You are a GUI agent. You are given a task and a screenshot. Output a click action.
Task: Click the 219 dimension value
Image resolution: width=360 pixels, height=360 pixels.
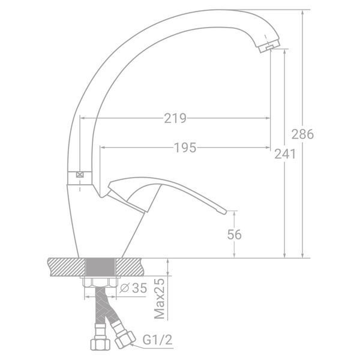coord(175,118)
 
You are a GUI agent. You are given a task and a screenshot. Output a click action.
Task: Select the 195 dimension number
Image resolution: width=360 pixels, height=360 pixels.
coord(185,148)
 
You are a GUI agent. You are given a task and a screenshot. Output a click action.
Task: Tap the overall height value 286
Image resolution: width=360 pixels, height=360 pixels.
coord(302,134)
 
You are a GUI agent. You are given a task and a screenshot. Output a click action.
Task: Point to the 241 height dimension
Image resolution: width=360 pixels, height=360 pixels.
coord(286,154)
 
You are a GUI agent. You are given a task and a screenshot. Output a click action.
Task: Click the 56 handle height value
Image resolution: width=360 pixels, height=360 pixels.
coord(235,235)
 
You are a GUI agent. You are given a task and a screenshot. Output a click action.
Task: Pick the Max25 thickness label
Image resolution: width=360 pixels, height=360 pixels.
coord(160,299)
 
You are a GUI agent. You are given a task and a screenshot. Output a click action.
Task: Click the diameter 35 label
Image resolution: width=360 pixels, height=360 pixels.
coord(134,288)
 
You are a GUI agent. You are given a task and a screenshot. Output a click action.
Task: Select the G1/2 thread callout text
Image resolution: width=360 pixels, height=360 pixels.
coord(157,340)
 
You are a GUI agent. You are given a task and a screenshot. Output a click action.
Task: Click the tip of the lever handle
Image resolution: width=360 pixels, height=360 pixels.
coord(225,212)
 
